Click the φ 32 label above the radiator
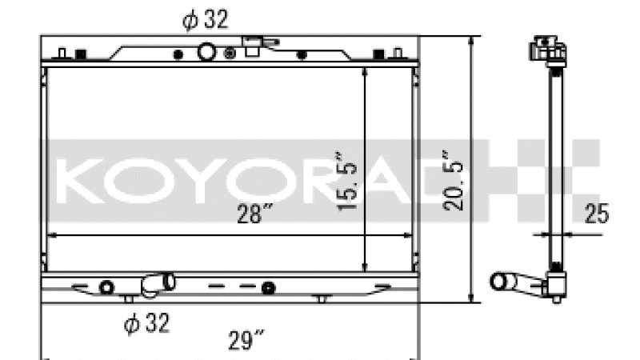[x=206, y=19]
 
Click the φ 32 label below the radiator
[x=146, y=323]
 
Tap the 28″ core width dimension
[x=254, y=213]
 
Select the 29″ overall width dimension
[x=246, y=340]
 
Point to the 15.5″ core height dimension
[x=346, y=182]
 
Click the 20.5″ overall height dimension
[x=453, y=181]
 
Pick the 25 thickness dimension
[x=596, y=214]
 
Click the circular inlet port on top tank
[x=206, y=52]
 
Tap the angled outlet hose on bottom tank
[x=158, y=284]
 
